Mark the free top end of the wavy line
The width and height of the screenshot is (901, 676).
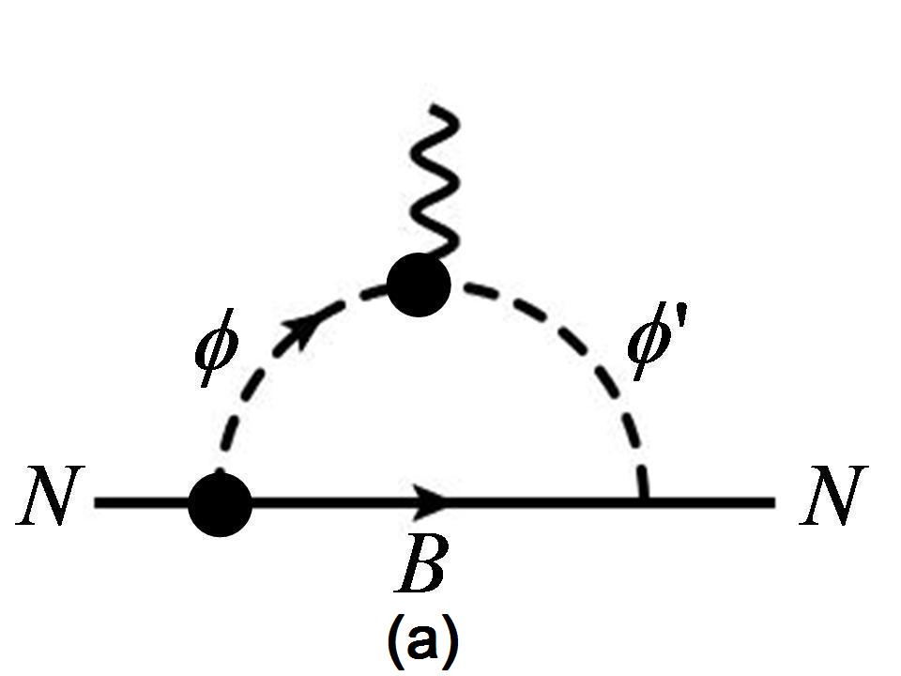point(433,110)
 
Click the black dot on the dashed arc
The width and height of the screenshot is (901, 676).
point(420,284)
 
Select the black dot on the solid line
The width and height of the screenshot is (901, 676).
point(221,503)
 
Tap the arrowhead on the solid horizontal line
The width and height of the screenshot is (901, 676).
point(434,502)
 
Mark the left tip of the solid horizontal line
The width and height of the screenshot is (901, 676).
point(98,503)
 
